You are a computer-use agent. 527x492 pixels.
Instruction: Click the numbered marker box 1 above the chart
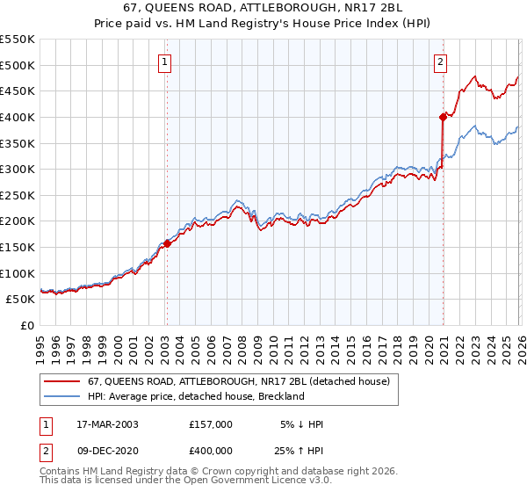coord(166,61)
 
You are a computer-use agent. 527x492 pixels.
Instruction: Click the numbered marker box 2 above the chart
coord(440,61)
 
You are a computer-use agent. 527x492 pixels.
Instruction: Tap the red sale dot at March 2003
coord(167,243)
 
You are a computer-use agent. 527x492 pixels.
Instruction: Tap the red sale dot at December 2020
coord(443,116)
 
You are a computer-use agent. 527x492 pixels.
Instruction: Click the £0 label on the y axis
coord(26,325)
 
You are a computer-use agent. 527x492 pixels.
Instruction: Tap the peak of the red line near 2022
coord(474,76)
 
